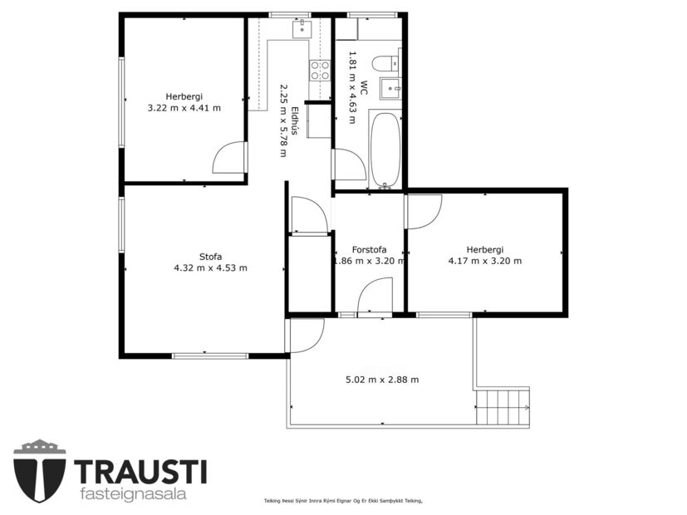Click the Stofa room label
[210, 256]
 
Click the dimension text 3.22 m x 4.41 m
[184, 107]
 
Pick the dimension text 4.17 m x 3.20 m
[484, 261]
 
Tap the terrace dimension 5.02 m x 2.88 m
[381, 380]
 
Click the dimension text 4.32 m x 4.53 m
[210, 267]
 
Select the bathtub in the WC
[385, 150]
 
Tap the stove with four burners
[320, 71]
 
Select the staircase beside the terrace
[503, 406]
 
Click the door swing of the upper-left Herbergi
[228, 158]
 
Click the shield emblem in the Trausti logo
[39, 470]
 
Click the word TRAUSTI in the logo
[140, 471]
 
